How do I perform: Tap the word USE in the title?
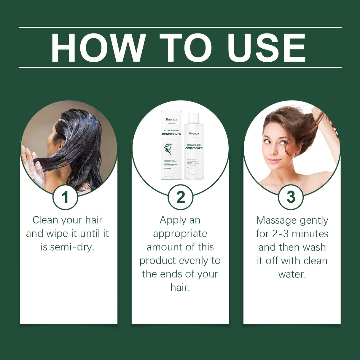coord(266,48)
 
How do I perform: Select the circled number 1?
coord(65,197)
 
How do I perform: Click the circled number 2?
coord(180,197)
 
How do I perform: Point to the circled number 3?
coord(291,197)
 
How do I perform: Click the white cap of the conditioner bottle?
coord(194,118)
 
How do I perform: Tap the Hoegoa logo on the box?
coord(171,120)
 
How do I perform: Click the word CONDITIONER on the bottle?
coord(194,148)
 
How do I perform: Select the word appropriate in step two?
coord(180,234)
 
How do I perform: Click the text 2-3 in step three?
coord(280,234)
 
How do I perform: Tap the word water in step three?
coord(292,274)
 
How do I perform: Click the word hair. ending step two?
coord(180,287)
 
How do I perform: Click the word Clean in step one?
coord(45,220)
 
